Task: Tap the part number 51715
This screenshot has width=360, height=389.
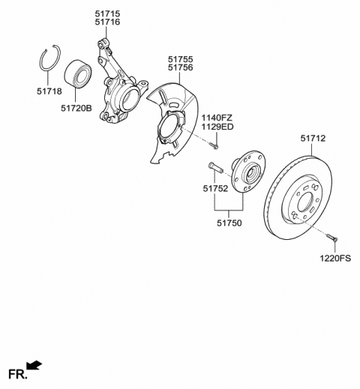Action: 108,13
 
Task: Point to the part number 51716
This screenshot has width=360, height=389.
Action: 108,24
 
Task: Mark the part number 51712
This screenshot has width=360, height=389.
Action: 314,138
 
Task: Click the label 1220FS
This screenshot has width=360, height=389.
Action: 336,259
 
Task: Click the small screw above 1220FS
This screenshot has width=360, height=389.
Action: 333,238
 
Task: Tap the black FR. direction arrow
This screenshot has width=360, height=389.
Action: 34,366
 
